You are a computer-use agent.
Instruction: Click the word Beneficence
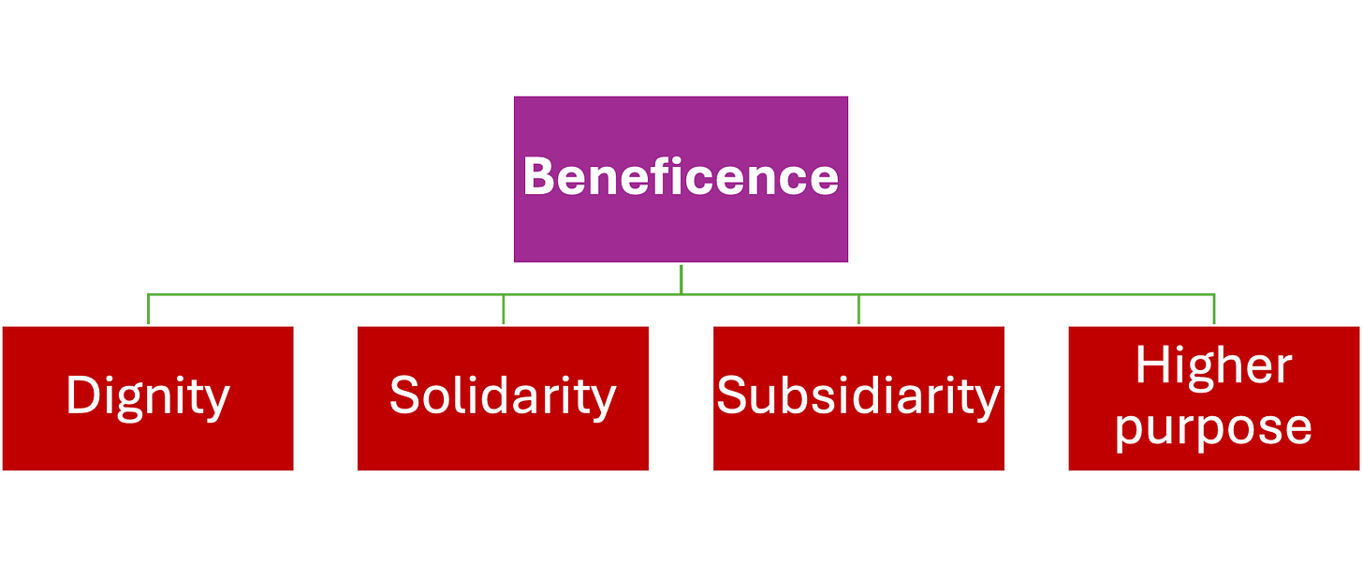pos(681,176)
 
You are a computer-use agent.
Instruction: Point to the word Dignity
pos(148,396)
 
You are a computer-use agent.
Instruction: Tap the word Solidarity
pos(503,395)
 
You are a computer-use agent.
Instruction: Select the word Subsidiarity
pos(858,395)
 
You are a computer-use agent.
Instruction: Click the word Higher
pos(1213,365)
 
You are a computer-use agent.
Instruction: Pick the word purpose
pos(1213,427)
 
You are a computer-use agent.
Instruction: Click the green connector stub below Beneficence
pos(681,278)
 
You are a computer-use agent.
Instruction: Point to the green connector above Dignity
pos(148,308)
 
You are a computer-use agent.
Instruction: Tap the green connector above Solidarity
pos(504,308)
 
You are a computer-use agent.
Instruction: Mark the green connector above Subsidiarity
pos(859,308)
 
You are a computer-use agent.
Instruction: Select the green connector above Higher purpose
pos(1214,308)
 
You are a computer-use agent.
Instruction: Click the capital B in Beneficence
pos(540,176)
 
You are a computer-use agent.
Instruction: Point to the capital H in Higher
pos(1152,365)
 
